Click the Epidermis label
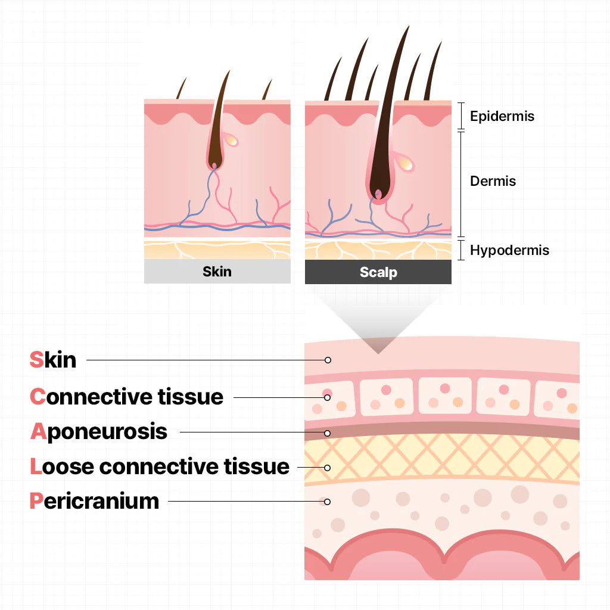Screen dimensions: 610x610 click(x=502, y=116)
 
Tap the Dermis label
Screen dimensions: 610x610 click(x=493, y=181)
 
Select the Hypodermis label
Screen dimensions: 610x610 click(x=509, y=250)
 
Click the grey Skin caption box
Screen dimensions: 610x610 click(x=217, y=272)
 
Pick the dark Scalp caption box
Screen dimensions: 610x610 click(x=378, y=272)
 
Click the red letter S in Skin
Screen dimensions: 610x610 click(x=36, y=360)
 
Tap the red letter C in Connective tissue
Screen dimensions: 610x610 click(x=38, y=396)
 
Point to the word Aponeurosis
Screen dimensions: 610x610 click(x=99, y=431)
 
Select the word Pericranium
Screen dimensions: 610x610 click(x=94, y=501)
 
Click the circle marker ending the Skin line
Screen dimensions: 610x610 click(x=328, y=360)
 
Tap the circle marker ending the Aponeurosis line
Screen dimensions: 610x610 click(x=328, y=432)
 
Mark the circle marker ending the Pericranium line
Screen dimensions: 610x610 click(x=328, y=502)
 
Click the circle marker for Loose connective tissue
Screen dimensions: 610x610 click(x=328, y=468)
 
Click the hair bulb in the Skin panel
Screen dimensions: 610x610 click(x=214, y=160)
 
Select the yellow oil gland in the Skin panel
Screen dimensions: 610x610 click(x=231, y=141)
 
